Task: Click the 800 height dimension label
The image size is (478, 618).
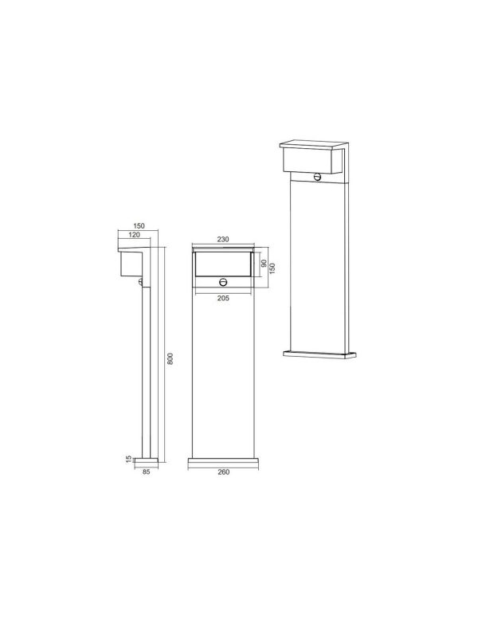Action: click(x=170, y=358)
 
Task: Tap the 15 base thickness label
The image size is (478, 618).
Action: click(x=128, y=459)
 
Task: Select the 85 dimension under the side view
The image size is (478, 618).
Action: click(x=147, y=471)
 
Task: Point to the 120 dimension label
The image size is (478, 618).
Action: click(x=135, y=235)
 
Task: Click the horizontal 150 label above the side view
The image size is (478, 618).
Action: click(x=139, y=226)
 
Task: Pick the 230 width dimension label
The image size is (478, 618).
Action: click(x=223, y=239)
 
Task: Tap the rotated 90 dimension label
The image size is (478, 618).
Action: click(x=264, y=263)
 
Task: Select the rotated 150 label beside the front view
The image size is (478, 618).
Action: click(x=272, y=268)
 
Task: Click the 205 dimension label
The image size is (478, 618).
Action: click(x=223, y=299)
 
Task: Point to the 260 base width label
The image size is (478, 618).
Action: click(x=224, y=472)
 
